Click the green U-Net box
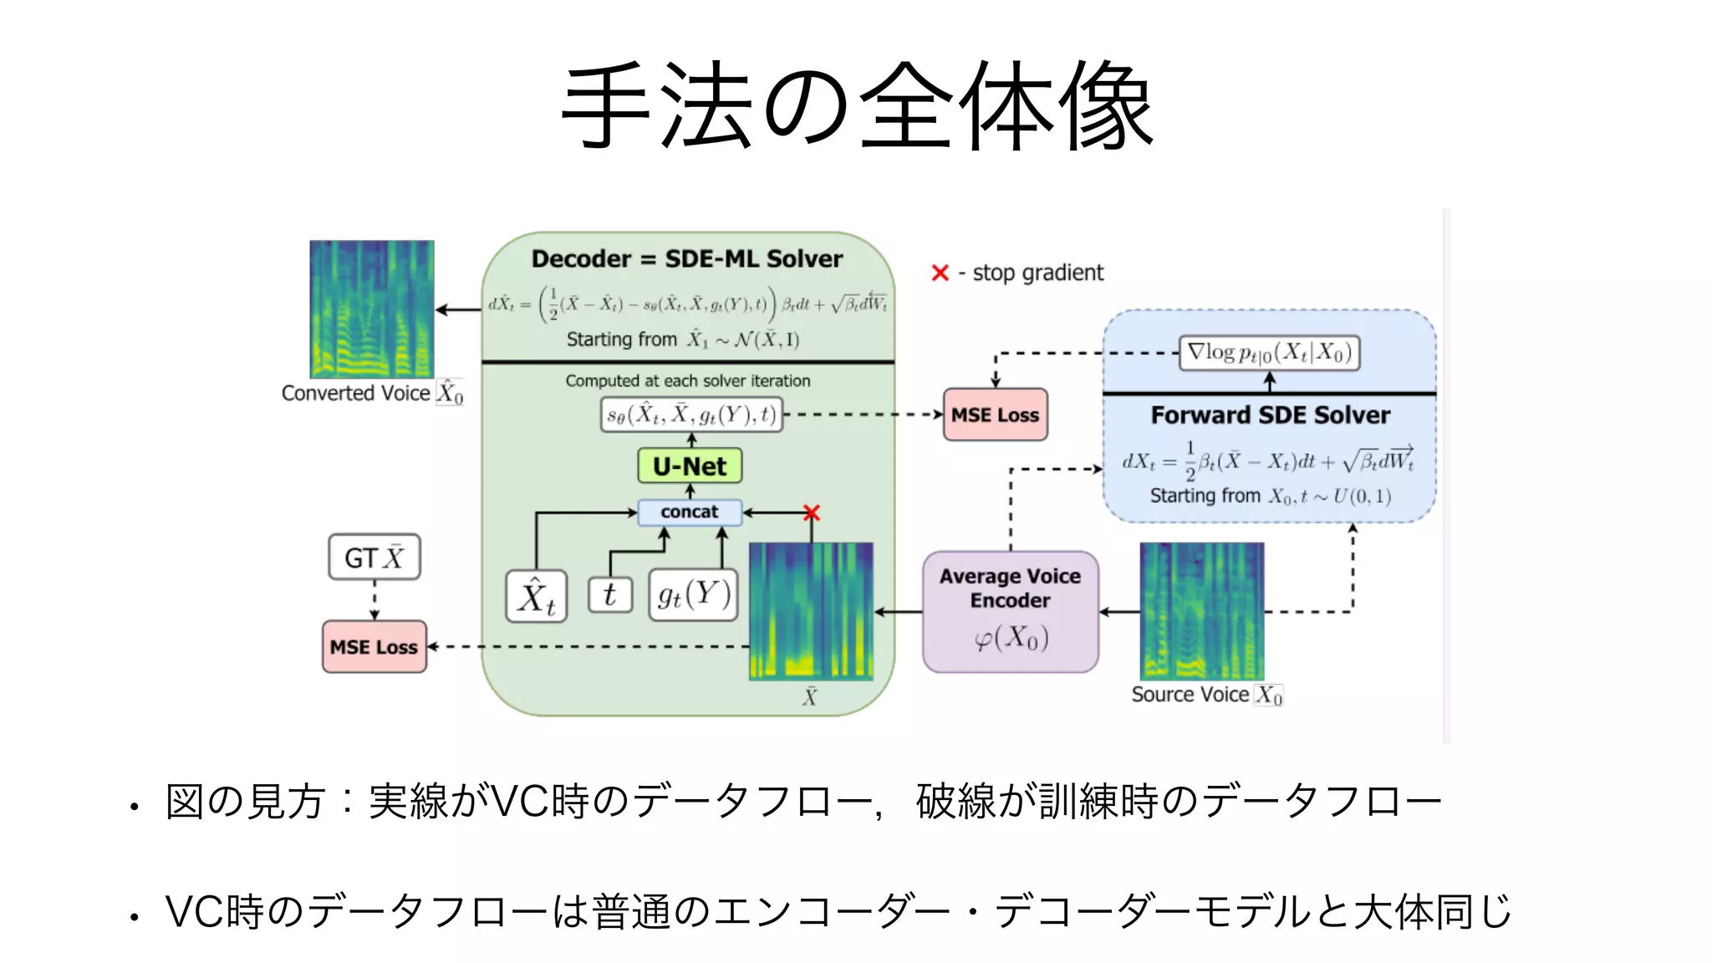(x=690, y=466)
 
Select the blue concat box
(x=690, y=512)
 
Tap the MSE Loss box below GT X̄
(x=374, y=646)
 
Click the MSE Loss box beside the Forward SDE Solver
(x=995, y=415)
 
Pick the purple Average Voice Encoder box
(x=1010, y=611)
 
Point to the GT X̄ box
(x=374, y=557)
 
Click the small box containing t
(x=609, y=594)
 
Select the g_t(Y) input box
(x=693, y=594)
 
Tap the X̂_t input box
(x=536, y=596)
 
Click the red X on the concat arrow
(x=811, y=512)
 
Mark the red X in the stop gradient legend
(x=940, y=273)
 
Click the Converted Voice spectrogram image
(x=372, y=309)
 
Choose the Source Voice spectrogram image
(x=1202, y=611)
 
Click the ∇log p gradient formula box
(x=1269, y=353)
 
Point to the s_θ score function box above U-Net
(x=691, y=414)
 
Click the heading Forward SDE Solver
(x=1270, y=415)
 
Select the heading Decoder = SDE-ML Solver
(x=687, y=259)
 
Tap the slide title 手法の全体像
(x=856, y=106)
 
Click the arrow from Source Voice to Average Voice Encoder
(x=1119, y=612)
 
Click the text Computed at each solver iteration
(x=687, y=381)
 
